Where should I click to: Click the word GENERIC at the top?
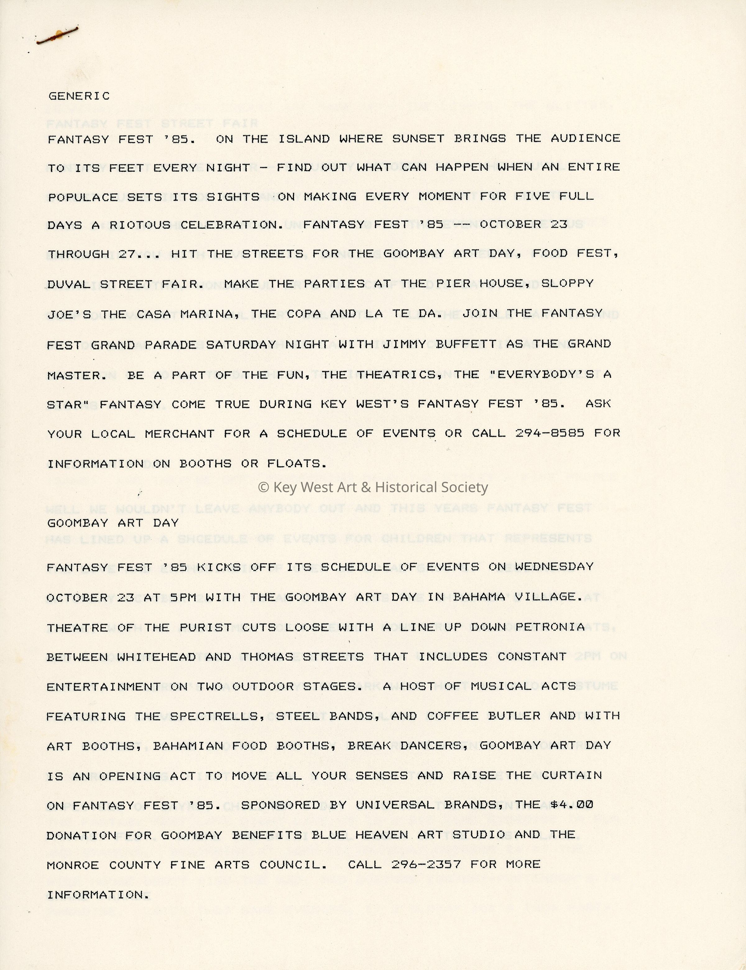click(79, 96)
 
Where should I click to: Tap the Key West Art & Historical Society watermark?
click(373, 487)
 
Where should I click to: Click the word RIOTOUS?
click(140, 225)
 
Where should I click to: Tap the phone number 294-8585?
click(549, 433)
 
